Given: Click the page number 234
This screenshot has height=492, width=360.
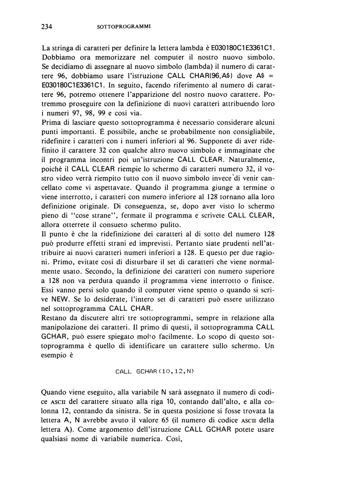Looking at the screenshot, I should pyautogui.click(x=47, y=26).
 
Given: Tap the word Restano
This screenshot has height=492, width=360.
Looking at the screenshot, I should pyautogui.click(x=55, y=318).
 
